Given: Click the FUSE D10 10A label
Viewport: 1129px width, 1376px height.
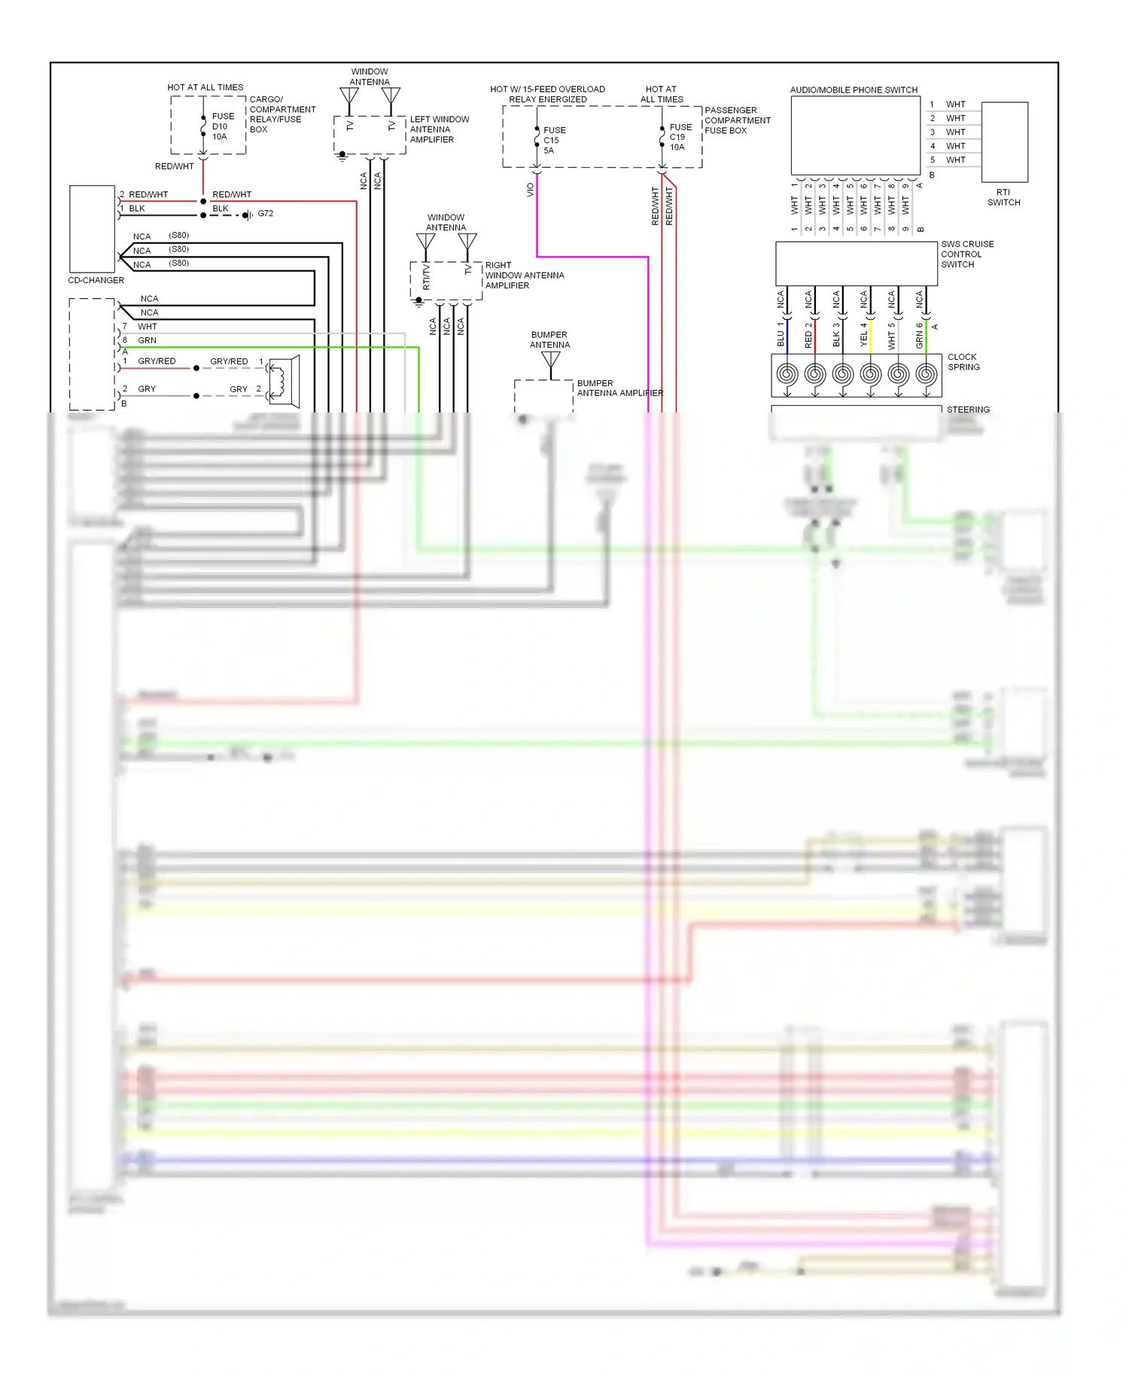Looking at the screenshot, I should point(222,126).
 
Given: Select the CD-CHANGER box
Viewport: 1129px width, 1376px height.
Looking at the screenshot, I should point(92,229).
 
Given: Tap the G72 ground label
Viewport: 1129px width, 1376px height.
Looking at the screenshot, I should point(265,214).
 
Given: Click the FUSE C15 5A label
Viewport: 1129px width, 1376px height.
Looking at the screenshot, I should point(554,140).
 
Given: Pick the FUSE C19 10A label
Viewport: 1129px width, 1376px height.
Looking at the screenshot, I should point(680,137).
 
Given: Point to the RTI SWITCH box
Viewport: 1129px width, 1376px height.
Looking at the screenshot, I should point(1005,142).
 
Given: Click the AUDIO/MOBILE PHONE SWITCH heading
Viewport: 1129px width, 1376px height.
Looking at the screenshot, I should point(854,90).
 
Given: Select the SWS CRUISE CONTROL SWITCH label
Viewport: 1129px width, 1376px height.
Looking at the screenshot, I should point(966,254).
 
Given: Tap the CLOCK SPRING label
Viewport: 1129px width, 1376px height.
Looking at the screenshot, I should point(963,362).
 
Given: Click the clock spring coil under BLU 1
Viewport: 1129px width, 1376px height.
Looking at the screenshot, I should point(787,373).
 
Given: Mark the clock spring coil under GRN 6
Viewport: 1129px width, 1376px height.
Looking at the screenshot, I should point(927,373).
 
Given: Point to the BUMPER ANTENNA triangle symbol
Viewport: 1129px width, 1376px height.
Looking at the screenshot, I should point(551,361).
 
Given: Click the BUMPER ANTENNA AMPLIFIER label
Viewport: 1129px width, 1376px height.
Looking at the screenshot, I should point(619,388).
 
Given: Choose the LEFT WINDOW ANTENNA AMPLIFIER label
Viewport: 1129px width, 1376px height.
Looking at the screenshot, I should point(439,129).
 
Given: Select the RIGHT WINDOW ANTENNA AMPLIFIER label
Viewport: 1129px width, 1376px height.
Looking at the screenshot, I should point(524,276).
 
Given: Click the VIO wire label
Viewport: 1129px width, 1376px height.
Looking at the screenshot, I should point(530,190).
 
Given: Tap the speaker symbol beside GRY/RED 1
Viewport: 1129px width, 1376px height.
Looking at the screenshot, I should point(284,382).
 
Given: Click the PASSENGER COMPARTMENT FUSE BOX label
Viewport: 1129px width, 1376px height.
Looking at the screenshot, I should point(737,120).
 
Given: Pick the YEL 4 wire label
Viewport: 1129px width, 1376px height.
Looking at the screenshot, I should point(864,335).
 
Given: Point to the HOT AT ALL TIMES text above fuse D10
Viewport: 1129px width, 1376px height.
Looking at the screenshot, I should point(205,87).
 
